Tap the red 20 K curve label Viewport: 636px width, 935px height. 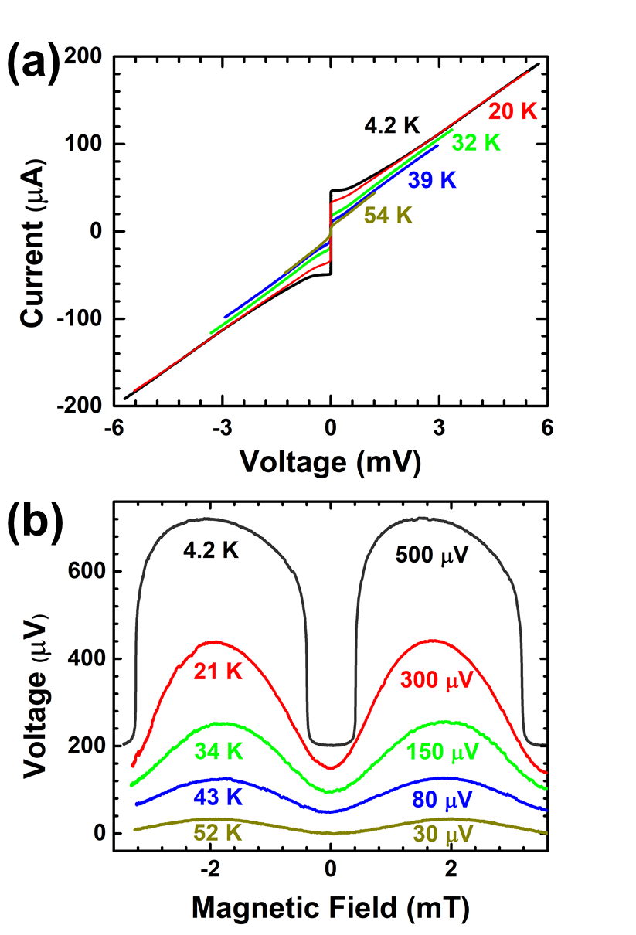click(x=512, y=111)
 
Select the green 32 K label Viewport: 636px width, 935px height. click(x=475, y=143)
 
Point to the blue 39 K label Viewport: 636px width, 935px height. click(x=432, y=180)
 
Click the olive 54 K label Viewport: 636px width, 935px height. click(x=388, y=216)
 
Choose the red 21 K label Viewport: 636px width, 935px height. click(x=218, y=671)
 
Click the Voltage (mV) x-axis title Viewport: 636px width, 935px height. click(x=330, y=461)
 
